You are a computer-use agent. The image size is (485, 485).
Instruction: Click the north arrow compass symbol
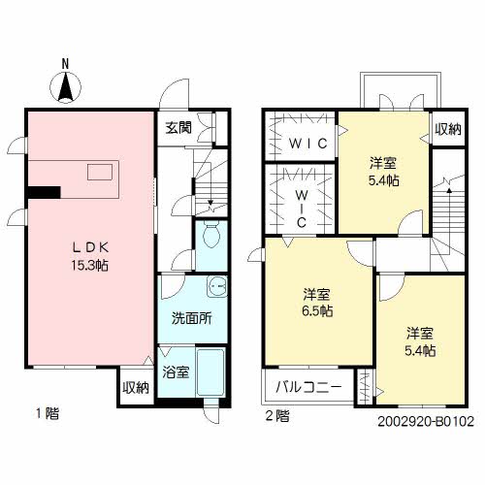tap(66, 85)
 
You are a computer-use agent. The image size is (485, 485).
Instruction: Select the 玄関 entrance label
tap(178, 127)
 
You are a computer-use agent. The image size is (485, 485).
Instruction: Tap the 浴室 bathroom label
tap(176, 372)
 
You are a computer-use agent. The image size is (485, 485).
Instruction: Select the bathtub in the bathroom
tap(210, 372)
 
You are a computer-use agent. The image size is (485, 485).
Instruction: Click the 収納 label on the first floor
tap(136, 388)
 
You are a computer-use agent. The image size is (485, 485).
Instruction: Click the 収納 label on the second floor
tap(447, 130)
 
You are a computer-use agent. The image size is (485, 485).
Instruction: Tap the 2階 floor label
tap(276, 417)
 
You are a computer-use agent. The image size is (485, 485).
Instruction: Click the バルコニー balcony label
tap(308, 386)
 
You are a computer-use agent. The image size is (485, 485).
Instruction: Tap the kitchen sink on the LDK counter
tap(100, 172)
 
